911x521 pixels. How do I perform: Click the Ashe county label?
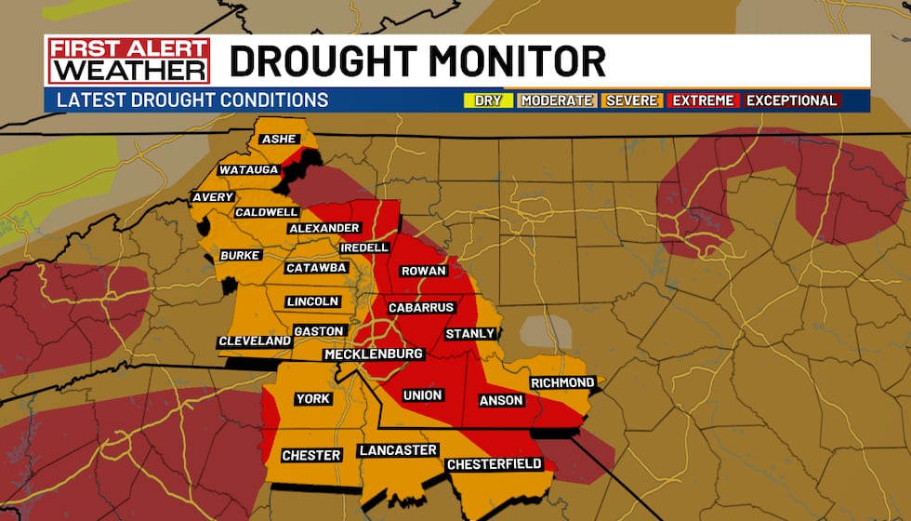click(x=279, y=140)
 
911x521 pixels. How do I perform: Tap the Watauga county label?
click(x=249, y=170)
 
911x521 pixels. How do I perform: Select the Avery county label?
click(x=212, y=198)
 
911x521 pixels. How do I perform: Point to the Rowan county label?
click(x=423, y=272)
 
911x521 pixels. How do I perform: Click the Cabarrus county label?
click(x=421, y=308)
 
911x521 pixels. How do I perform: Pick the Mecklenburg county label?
click(x=374, y=354)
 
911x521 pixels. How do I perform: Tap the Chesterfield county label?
click(x=494, y=464)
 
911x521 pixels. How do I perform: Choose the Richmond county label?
click(x=562, y=383)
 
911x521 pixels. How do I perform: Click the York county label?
click(x=312, y=399)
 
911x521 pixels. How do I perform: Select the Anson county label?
click(x=501, y=401)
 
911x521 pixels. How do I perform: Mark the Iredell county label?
click(x=365, y=247)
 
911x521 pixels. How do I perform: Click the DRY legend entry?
click(x=488, y=100)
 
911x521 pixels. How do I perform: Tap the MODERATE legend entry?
click(x=556, y=100)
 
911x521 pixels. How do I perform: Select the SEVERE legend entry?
click(x=631, y=100)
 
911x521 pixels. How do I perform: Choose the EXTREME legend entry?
click(x=703, y=100)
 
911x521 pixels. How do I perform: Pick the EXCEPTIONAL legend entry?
click(x=791, y=100)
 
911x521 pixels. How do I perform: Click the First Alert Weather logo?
click(x=128, y=60)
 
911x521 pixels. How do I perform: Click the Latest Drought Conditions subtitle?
click(x=192, y=100)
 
